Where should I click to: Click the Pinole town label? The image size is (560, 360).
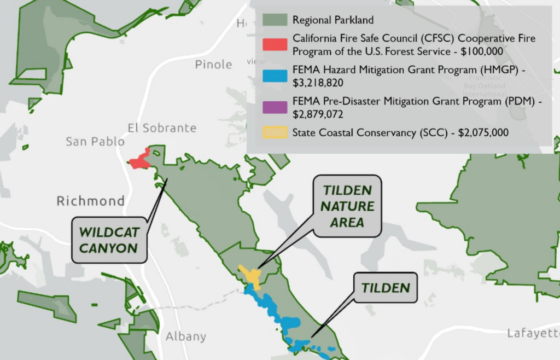tap(213, 65)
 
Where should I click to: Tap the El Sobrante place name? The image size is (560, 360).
tap(162, 128)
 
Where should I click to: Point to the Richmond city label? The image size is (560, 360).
tap(91, 201)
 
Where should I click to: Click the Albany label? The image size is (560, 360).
tap(186, 336)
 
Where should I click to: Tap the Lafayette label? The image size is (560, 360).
tap(533, 333)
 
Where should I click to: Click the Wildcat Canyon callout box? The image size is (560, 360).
tap(108, 239)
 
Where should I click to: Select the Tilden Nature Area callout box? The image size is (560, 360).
tap(347, 206)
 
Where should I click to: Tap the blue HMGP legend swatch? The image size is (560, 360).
tap(275, 76)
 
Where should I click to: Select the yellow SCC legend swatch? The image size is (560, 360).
tap(275, 132)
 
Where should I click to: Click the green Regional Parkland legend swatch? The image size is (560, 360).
tap(275, 20)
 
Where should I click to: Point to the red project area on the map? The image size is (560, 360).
tap(140, 161)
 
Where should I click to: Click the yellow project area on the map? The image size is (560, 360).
tap(252, 275)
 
